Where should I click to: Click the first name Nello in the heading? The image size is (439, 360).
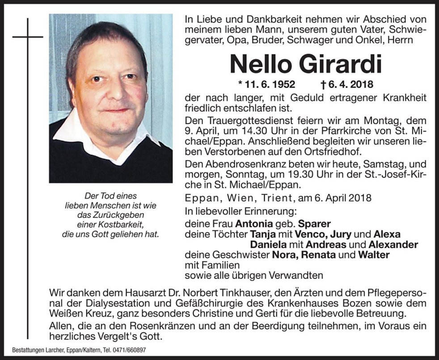262,64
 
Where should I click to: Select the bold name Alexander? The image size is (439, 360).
393,245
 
